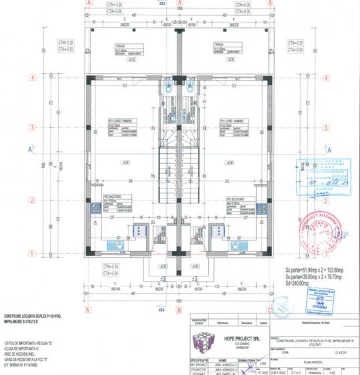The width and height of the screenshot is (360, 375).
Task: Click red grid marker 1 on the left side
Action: (x=32, y=252)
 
